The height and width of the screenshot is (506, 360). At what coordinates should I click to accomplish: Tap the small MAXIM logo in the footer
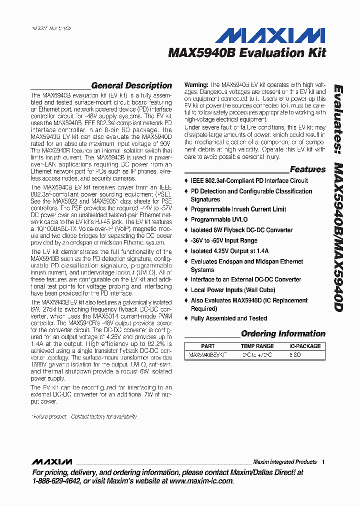[x=52, y=461]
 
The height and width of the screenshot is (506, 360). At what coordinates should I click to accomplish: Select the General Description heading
[x=131, y=85]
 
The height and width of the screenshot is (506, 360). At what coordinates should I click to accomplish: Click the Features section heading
[x=307, y=169]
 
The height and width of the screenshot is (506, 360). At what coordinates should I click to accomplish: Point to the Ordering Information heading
[x=283, y=333]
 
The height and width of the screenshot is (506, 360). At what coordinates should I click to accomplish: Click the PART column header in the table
[x=207, y=346]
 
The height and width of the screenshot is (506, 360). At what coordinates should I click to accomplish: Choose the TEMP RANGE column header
[x=257, y=346]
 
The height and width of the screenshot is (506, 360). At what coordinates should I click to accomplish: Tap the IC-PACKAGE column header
[x=305, y=346]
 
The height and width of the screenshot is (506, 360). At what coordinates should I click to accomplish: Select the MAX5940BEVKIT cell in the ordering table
[x=207, y=354]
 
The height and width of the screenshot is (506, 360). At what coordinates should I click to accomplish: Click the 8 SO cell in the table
[x=295, y=354]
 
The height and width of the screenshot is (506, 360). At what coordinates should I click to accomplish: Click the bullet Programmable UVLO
[x=219, y=219]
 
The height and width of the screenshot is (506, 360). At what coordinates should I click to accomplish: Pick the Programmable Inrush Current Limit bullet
[x=238, y=209]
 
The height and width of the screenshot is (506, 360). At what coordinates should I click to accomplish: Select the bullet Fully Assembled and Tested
[x=229, y=318]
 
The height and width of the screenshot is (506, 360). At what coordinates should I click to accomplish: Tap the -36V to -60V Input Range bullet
[x=224, y=240]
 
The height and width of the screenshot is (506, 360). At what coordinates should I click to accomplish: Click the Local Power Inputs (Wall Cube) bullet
[x=232, y=290]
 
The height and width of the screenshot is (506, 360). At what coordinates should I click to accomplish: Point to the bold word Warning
[x=196, y=85]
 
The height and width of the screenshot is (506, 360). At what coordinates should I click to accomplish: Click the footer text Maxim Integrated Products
[x=284, y=462]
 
